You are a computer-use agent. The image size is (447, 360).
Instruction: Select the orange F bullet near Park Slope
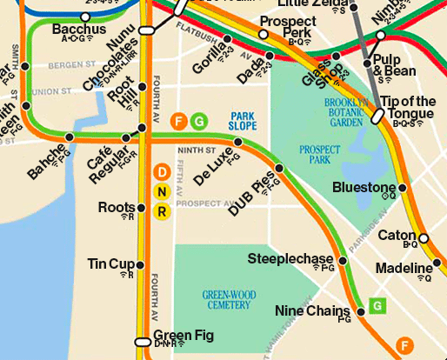tap(179, 120)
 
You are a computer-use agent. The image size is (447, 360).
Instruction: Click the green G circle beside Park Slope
tap(198, 120)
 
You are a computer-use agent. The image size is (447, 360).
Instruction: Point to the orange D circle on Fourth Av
tap(162, 173)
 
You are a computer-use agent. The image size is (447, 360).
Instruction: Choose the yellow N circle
tap(162, 192)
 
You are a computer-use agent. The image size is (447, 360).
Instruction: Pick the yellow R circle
tap(162, 211)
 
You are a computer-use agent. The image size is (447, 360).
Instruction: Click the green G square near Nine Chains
tap(377, 305)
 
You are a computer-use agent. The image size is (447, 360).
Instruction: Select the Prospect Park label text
tap(319, 155)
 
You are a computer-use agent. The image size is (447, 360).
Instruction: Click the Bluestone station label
tap(364, 187)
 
